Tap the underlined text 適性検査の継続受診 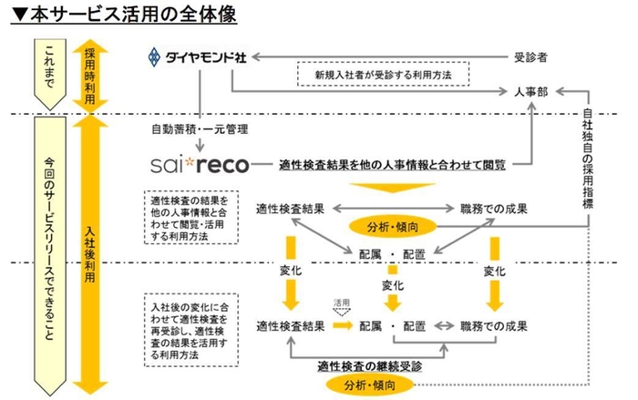coord(369,366)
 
